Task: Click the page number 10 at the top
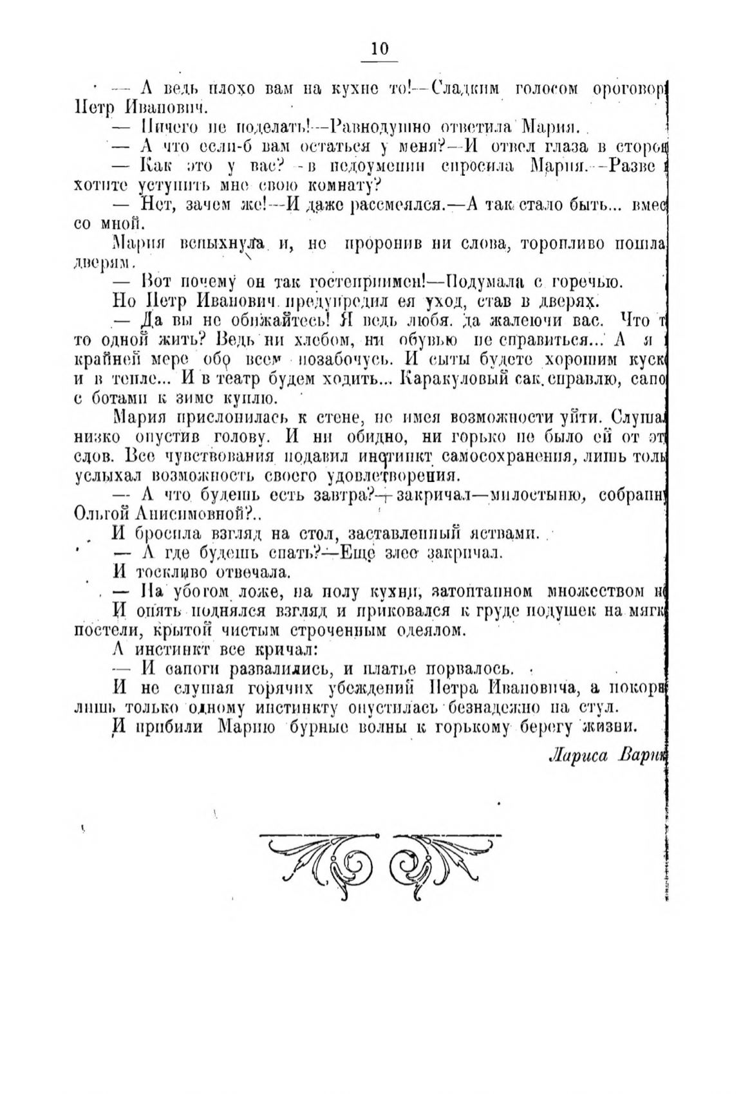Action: click(380, 50)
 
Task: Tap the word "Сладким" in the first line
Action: click(465, 89)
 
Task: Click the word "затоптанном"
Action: click(480, 590)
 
